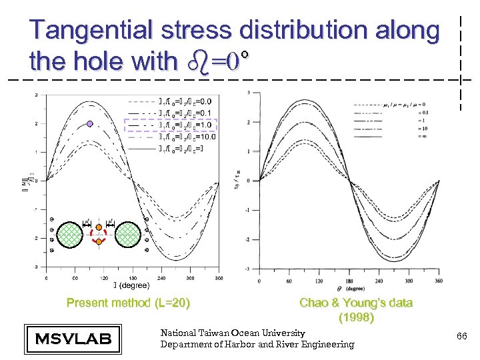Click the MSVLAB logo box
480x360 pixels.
tap(72, 338)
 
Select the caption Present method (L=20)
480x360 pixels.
tap(128, 303)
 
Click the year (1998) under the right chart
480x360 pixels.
tap(356, 318)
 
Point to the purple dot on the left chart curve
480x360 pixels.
tap(89, 124)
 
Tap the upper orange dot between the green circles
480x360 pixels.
tap(99, 227)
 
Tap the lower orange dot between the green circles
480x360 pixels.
tap(99, 241)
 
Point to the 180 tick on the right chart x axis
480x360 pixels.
tap(348, 283)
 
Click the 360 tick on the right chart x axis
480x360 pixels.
tap(437, 283)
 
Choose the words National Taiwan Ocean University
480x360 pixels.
tap(233, 333)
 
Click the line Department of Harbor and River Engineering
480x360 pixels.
tap(257, 344)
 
